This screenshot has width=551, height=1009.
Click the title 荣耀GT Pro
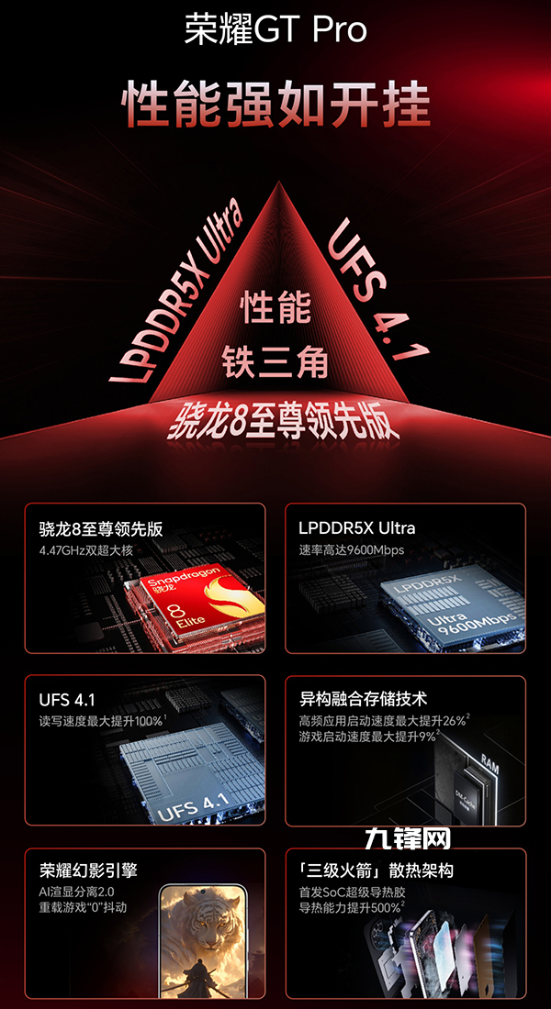(x=275, y=29)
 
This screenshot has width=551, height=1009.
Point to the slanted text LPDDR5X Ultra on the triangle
(x=176, y=292)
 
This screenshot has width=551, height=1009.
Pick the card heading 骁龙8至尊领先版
(x=100, y=529)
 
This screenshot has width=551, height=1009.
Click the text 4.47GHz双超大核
(x=85, y=551)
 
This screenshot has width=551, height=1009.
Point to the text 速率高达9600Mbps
(x=351, y=550)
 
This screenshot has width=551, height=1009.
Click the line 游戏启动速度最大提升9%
(x=368, y=737)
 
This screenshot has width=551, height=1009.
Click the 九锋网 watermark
(x=407, y=838)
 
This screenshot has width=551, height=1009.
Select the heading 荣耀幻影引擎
(x=88, y=871)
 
